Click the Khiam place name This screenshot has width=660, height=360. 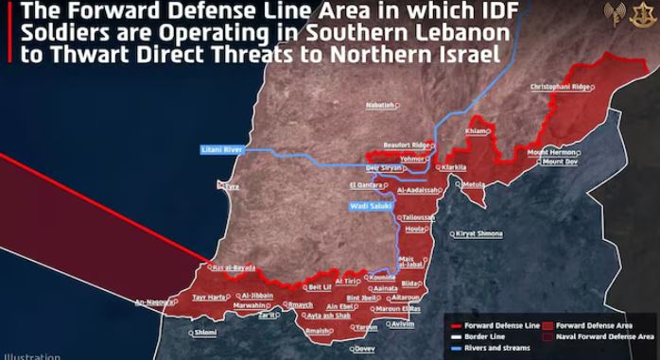478,130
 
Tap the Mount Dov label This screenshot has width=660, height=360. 560,162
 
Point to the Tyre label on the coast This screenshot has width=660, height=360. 232,187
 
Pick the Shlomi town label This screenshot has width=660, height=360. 204,333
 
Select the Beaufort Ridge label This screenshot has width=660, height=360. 408,145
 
